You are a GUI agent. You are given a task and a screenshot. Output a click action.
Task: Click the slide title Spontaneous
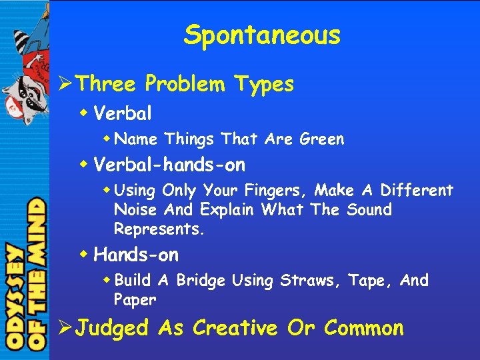click(x=262, y=35)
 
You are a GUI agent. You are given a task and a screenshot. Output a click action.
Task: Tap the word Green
click(x=322, y=139)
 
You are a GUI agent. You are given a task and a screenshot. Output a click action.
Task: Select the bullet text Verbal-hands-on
click(x=169, y=164)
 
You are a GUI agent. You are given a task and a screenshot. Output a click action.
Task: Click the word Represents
click(x=159, y=229)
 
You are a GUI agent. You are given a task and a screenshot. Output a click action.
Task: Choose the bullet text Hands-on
click(x=136, y=255)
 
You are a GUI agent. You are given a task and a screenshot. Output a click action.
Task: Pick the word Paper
click(x=135, y=300)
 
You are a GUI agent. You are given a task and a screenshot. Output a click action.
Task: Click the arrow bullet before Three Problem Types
click(x=65, y=84)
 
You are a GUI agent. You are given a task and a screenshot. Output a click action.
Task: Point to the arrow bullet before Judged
click(x=65, y=328)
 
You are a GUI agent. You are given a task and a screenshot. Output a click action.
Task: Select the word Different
click(x=416, y=191)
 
